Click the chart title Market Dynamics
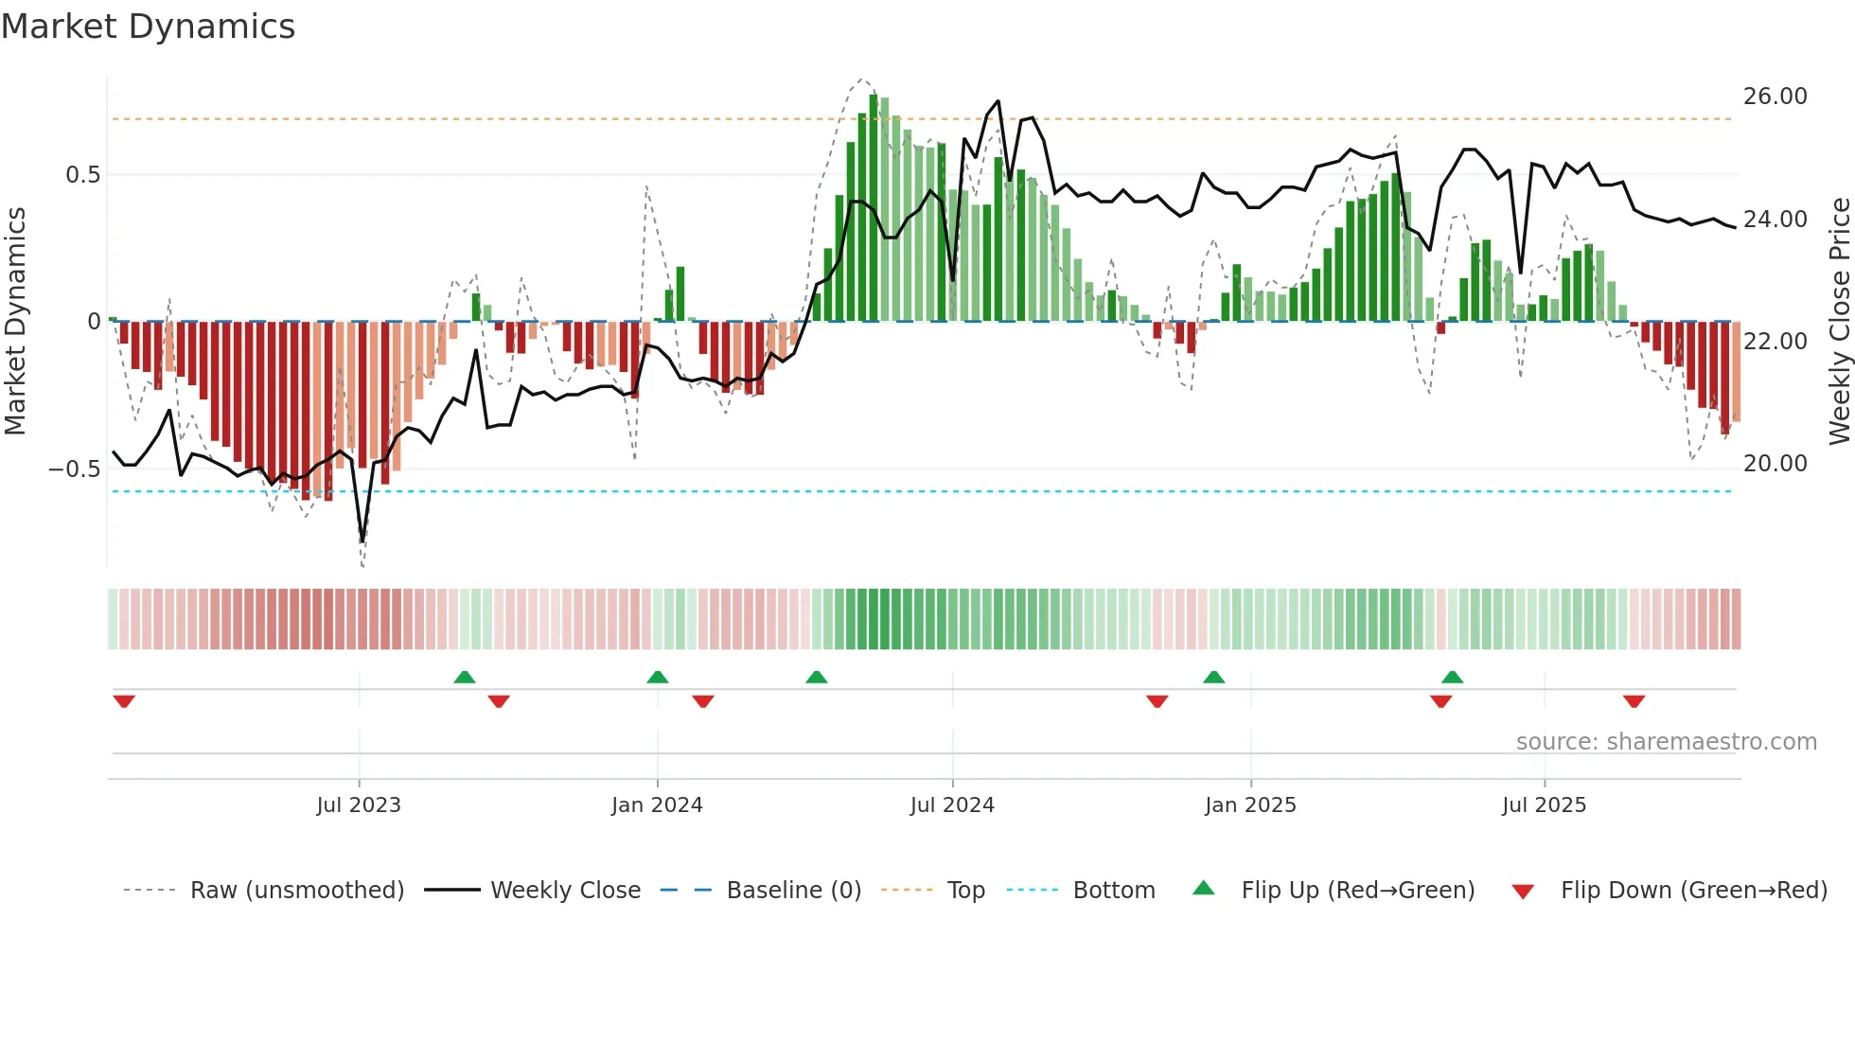[149, 27]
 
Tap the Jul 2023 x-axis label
[359, 805]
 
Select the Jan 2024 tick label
[657, 805]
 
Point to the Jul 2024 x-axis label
[952, 805]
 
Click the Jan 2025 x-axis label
[1250, 805]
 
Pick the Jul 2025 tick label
[1544, 805]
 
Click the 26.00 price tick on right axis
[1775, 97]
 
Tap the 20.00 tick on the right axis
[1775, 464]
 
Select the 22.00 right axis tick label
[1775, 342]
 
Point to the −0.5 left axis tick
[75, 469]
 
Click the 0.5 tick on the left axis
[82, 175]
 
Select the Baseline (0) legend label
[793, 891]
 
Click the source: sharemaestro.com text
[1666, 742]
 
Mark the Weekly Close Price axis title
[1839, 322]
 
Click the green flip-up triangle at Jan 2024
[658, 678]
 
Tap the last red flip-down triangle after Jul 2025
[1634, 701]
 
